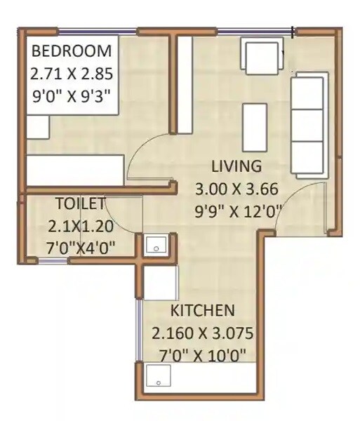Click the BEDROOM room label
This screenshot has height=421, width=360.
[71, 51]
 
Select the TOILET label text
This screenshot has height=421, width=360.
[80, 204]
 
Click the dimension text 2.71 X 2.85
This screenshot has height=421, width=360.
[71, 72]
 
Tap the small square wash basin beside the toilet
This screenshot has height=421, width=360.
[154, 246]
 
